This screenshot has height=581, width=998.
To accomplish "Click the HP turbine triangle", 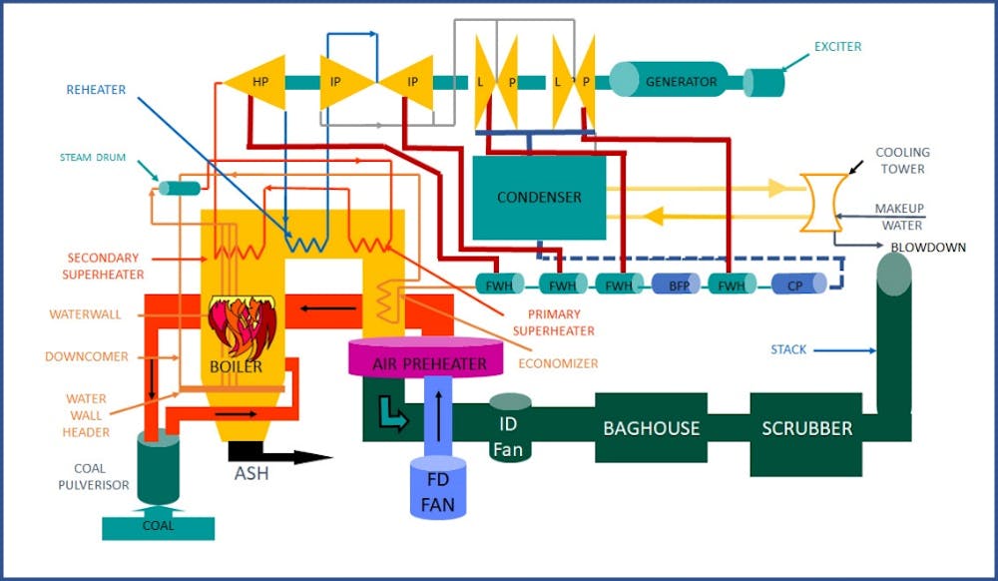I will point(256,82).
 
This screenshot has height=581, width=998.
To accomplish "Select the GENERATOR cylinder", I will point(678,81).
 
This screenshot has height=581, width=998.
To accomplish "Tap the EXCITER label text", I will point(837,46).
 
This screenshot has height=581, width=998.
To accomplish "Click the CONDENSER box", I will point(539,198).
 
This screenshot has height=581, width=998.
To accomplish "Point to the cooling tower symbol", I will point(823,203).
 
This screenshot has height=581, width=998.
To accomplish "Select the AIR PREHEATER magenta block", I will point(429,359).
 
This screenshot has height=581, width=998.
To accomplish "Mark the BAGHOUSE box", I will point(651,428).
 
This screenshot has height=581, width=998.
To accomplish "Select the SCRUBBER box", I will point(806,428).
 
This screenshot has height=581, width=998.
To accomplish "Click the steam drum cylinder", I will point(180,188).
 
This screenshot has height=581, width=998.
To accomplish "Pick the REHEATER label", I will point(96,90).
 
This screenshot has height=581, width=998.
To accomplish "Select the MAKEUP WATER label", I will point(899,217).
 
